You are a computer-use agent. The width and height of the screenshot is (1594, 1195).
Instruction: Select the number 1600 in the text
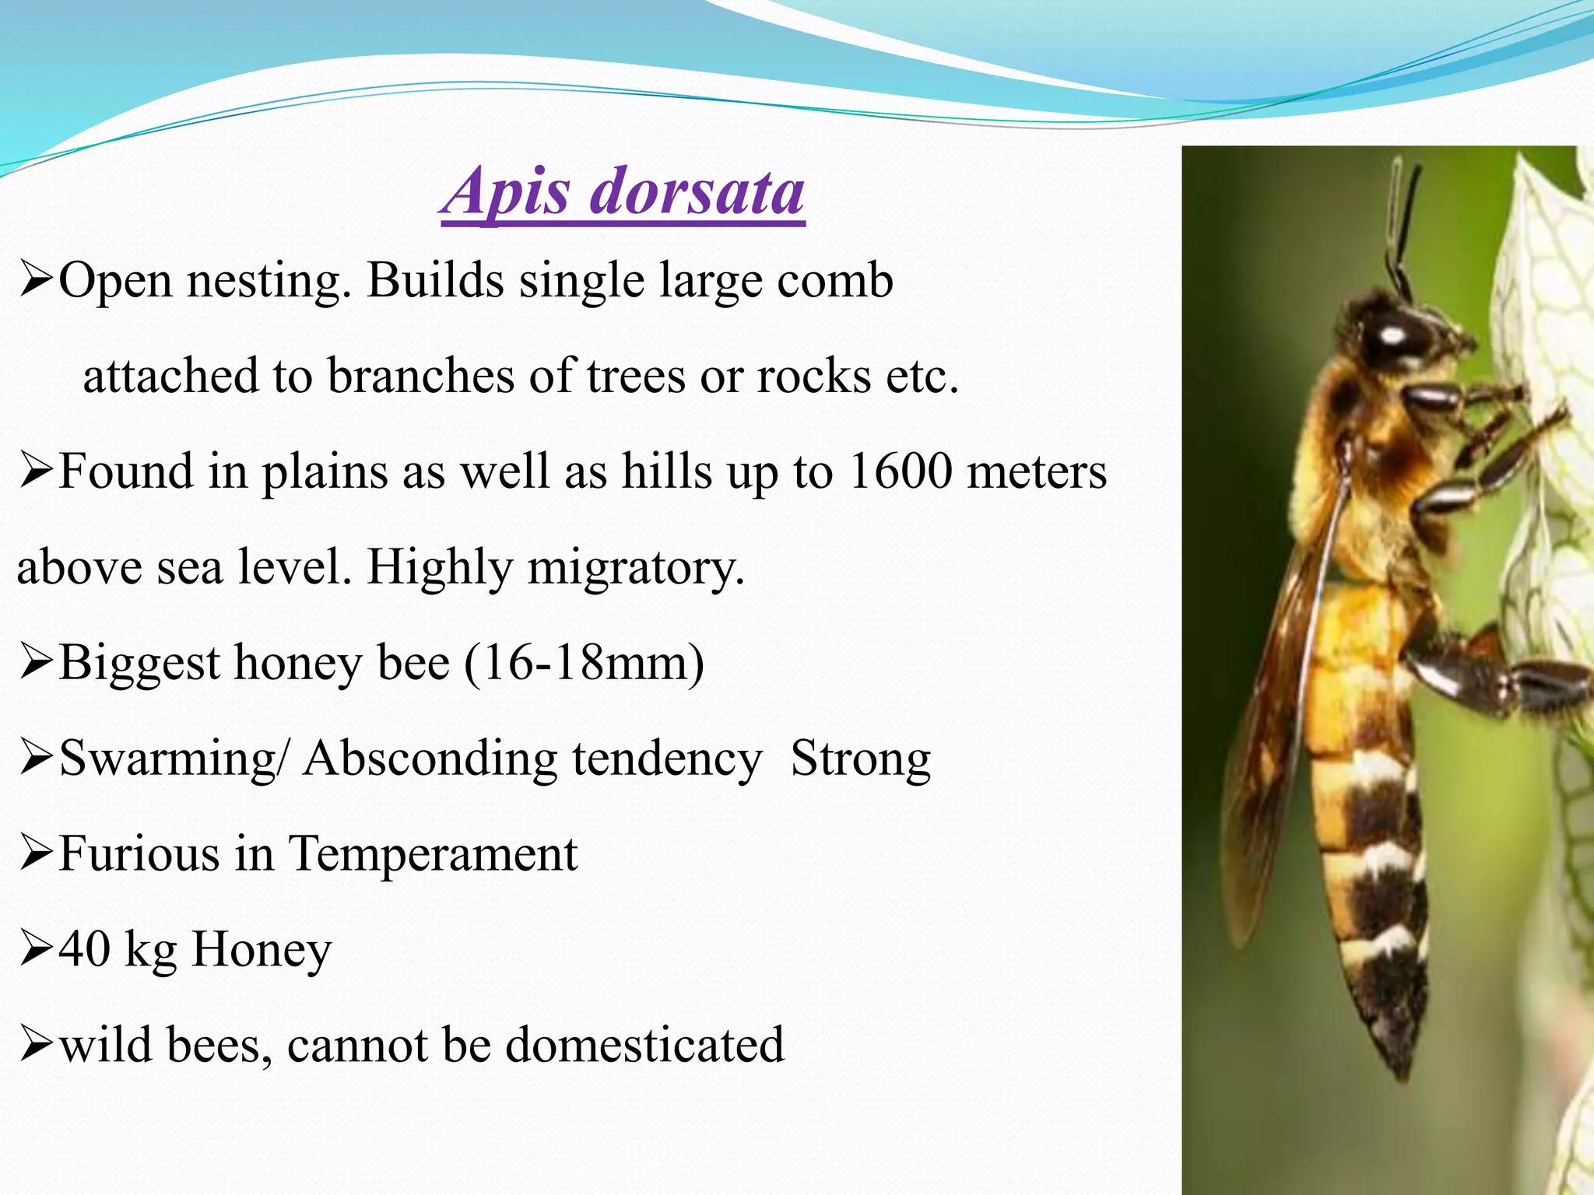900,471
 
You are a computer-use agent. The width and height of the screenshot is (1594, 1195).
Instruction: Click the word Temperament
433,854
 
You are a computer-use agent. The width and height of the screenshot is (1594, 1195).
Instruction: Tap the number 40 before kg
84,949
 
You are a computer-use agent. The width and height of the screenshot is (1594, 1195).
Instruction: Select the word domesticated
644,1045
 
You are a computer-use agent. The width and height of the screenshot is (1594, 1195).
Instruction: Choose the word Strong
860,759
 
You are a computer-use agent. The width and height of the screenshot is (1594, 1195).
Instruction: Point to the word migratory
635,568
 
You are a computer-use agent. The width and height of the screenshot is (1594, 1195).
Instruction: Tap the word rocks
813,377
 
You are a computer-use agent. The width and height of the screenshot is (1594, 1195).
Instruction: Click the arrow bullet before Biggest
36,664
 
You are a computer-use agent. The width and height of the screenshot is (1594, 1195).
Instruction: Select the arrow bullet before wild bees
36,1046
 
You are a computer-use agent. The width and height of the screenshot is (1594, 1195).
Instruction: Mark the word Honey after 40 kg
262,949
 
